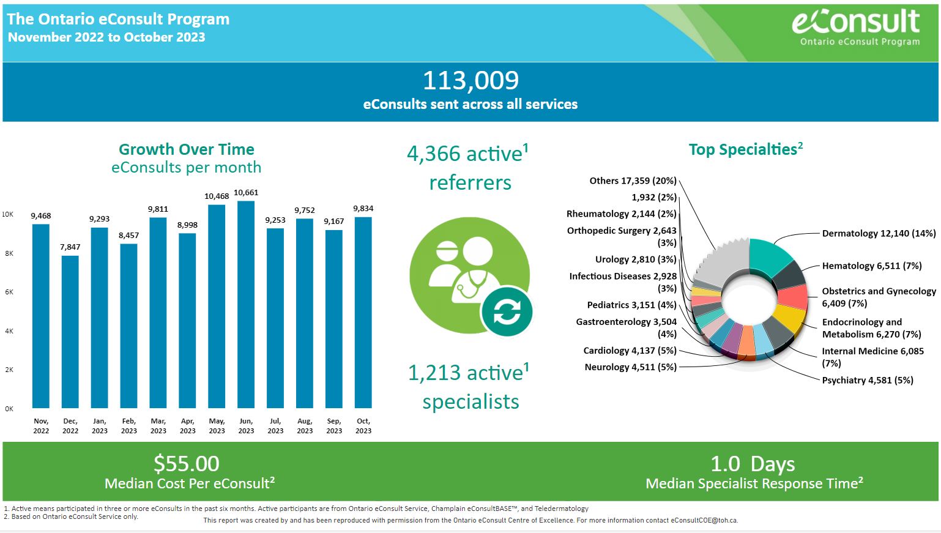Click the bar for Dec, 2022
pos(70,332)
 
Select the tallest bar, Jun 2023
pos(246,305)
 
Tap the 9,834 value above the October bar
pos(363,208)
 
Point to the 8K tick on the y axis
pos(9,253)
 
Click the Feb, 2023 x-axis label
pos(129,425)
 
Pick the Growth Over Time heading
pos(186,149)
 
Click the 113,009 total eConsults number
pos(470,80)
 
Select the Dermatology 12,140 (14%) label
pos(879,233)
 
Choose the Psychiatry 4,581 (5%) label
pos(868,380)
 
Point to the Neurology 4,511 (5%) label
pos(631,367)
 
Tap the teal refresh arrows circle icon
pos(507,311)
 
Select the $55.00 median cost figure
pos(186,464)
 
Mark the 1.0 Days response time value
pos(753,464)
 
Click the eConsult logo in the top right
pos(856,28)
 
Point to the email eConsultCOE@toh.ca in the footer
pos(704,520)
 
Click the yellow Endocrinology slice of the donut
pos(790,317)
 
